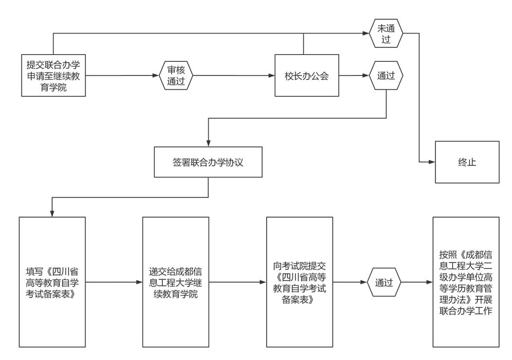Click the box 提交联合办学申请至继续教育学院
(x=54, y=76)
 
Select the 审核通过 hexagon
(x=176, y=76)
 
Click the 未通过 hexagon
(x=386, y=34)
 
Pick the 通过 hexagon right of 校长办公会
(x=386, y=76)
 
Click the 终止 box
(x=467, y=162)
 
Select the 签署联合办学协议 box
(x=208, y=162)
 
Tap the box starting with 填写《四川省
(x=53, y=282)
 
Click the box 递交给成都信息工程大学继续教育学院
(x=176, y=282)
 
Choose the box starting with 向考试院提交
(x=299, y=282)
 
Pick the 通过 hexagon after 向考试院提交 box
(x=384, y=282)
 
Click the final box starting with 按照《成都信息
(x=466, y=282)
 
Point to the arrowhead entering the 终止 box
(x=432, y=162)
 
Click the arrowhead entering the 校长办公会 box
(x=272, y=76)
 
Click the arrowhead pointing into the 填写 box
(x=52, y=213)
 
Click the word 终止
(x=467, y=162)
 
